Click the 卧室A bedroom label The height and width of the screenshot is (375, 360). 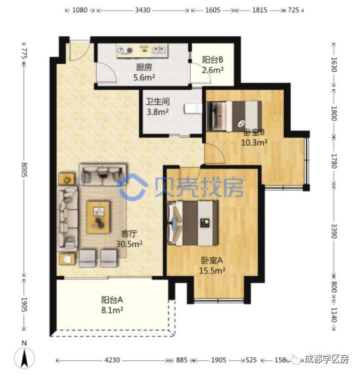[x=212, y=260]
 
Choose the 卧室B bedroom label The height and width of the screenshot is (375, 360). [x=254, y=132]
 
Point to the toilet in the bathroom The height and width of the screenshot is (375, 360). [x=192, y=109]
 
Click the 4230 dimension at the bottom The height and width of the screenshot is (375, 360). [x=111, y=360]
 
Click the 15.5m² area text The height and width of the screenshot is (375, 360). [x=212, y=270]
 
